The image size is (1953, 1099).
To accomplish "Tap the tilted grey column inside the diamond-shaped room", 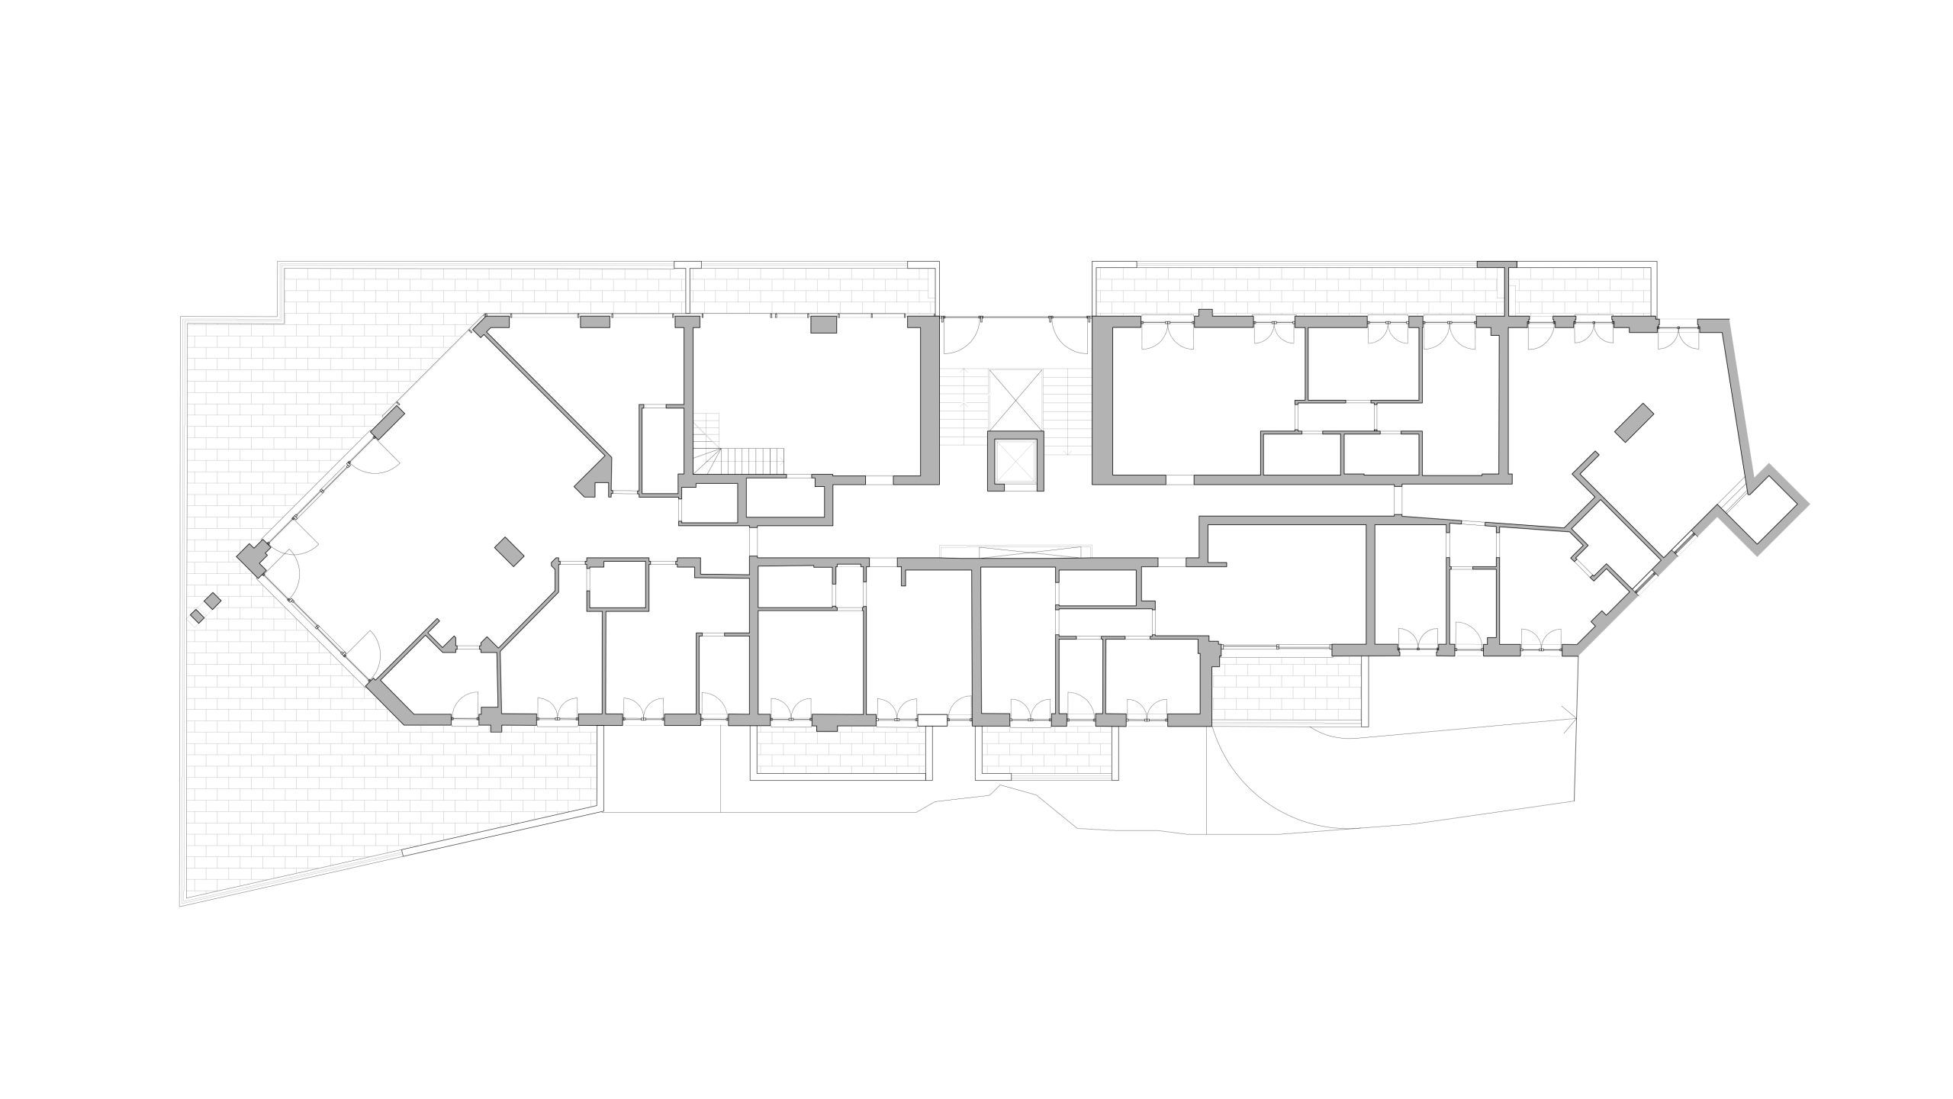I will pyautogui.click(x=509, y=551).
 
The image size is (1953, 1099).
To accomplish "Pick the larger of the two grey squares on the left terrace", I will pyautogui.click(x=213, y=601).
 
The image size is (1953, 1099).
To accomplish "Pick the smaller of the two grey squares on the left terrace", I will pyautogui.click(x=198, y=616).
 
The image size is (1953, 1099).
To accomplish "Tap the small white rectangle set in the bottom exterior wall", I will pyautogui.click(x=931, y=719).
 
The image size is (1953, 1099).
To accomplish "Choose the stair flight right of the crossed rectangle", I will pyautogui.click(x=1068, y=412).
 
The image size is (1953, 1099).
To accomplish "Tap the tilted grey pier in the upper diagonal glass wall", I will pyautogui.click(x=388, y=422).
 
